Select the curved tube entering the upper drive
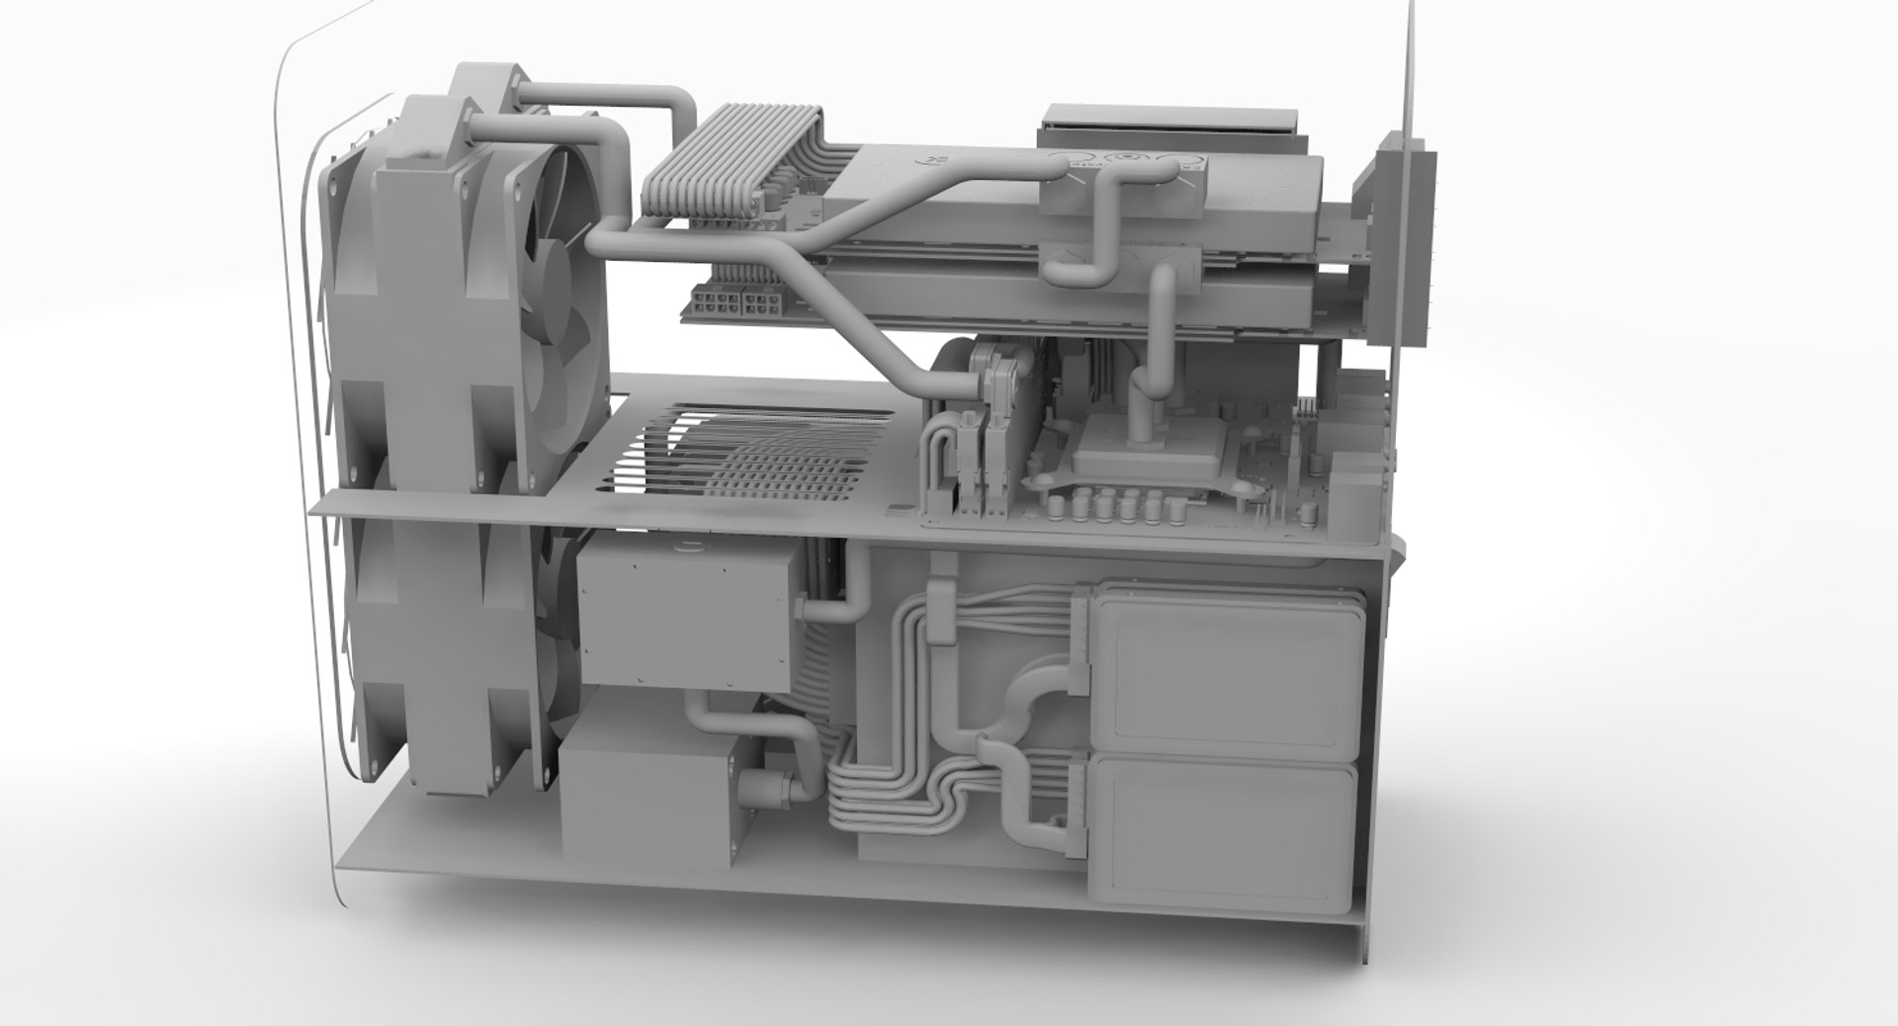(x=1028, y=697)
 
